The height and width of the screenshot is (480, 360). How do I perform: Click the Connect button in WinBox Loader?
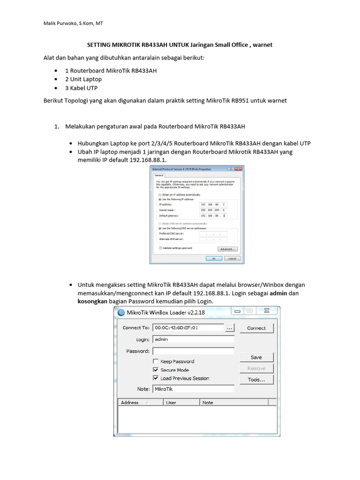(x=256, y=328)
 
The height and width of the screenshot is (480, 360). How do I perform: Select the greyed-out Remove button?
(x=256, y=368)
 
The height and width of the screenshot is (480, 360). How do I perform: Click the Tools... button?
(x=256, y=380)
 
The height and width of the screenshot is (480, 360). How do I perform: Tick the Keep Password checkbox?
(x=156, y=361)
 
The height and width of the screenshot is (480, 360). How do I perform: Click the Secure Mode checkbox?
(x=156, y=370)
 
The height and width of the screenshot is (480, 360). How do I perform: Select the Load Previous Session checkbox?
(x=156, y=378)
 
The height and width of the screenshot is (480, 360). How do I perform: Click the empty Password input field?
(x=193, y=351)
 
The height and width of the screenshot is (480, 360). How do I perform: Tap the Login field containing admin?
(x=193, y=339)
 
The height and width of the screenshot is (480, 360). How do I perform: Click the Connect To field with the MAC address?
(x=187, y=328)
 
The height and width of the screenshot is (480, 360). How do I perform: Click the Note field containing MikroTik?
(x=193, y=389)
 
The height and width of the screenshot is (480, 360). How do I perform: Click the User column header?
(x=181, y=403)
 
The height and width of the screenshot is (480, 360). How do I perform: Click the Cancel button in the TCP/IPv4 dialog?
(x=232, y=258)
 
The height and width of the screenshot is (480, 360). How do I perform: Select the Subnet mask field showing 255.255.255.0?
(x=213, y=210)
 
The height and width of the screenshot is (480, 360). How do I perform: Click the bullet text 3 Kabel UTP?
(x=82, y=88)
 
